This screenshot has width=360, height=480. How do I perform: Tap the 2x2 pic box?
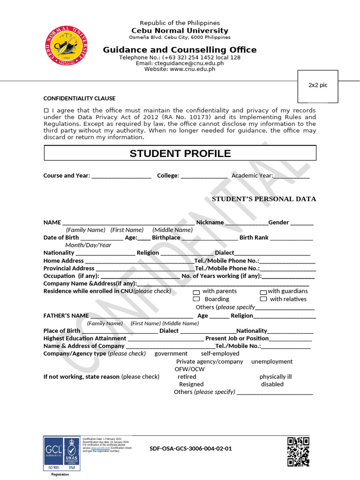318,86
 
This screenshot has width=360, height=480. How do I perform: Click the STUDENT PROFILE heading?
180,153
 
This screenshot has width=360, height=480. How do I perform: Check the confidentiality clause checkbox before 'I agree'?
46,110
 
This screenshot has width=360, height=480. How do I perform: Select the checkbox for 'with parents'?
196,292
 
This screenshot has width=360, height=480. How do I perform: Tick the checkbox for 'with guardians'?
263,292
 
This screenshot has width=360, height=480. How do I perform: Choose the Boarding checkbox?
196,299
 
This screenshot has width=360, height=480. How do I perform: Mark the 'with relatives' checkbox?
263,299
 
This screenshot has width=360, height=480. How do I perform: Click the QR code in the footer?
298,451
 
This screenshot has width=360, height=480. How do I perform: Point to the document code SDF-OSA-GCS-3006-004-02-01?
190,448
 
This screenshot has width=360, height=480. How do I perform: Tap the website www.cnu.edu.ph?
192,69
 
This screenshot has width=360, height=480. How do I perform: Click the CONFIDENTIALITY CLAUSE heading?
79,98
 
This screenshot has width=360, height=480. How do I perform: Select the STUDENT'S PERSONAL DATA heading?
264,199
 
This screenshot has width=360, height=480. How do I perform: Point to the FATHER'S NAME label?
66,315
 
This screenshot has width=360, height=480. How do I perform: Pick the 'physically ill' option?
275,376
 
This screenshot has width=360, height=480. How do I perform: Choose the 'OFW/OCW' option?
189,369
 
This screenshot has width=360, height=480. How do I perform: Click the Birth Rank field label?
254,238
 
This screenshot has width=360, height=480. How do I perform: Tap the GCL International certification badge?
53,453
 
